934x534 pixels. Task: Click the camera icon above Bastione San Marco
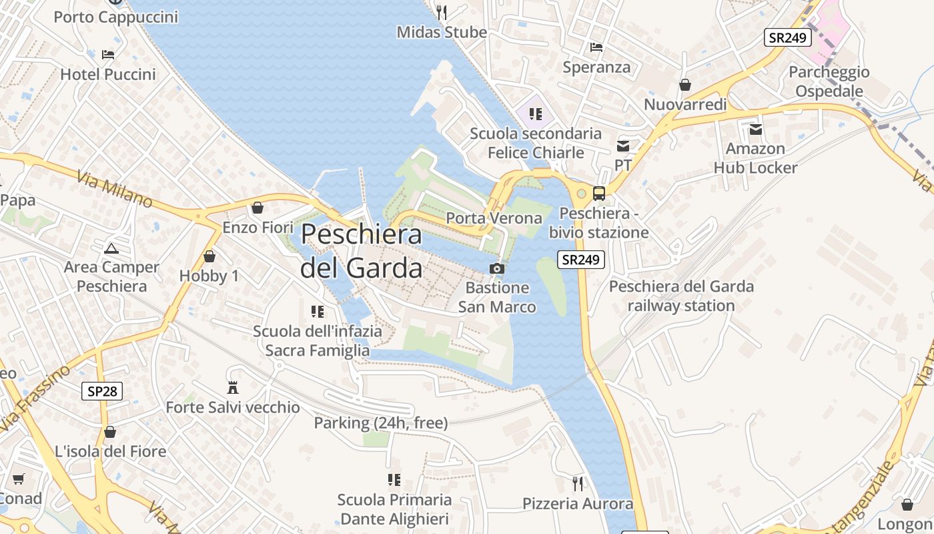[x=496, y=268]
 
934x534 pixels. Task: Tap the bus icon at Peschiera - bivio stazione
[x=599, y=194]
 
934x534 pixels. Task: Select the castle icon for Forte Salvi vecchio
[x=233, y=387]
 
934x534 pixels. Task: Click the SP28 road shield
[x=102, y=391]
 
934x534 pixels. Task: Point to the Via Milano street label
[x=114, y=189]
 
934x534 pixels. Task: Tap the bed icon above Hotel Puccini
[x=108, y=54]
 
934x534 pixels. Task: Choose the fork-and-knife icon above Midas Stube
[x=441, y=11]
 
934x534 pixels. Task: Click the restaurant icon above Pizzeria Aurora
[x=578, y=483]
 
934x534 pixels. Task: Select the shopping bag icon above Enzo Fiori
[x=258, y=208]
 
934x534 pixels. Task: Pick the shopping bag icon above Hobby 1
[x=209, y=256]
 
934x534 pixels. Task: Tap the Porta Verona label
[x=494, y=218]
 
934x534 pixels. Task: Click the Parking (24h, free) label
[x=380, y=423]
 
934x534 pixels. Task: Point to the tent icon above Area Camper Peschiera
[x=111, y=249]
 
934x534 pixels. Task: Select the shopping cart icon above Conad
[x=18, y=479]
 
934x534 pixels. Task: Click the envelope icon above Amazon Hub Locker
[x=755, y=129]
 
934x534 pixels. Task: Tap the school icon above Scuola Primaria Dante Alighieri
[x=394, y=479]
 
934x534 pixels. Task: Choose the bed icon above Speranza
[x=596, y=47]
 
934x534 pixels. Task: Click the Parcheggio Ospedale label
[x=829, y=81]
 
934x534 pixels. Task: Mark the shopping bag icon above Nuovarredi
[x=684, y=85]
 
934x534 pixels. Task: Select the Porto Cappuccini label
[x=116, y=17]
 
